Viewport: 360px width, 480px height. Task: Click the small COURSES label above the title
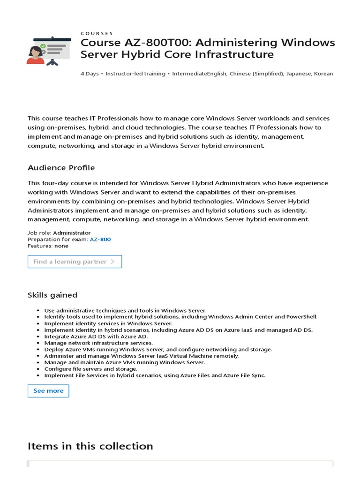click(97, 33)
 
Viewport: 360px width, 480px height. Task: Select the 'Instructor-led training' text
click(135, 74)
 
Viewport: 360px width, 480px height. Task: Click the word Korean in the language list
click(323, 74)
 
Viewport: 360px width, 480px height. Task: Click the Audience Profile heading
click(61, 168)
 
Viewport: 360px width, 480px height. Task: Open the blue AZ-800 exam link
click(101, 240)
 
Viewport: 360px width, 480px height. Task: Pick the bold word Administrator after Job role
click(72, 233)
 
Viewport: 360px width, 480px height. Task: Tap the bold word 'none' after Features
click(61, 246)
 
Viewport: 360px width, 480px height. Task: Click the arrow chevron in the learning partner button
click(112, 262)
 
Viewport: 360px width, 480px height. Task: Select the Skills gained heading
click(52, 295)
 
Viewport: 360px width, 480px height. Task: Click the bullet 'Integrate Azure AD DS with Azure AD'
click(96, 337)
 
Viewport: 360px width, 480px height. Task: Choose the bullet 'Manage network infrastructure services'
click(98, 343)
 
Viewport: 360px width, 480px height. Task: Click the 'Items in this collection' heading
click(90, 446)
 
